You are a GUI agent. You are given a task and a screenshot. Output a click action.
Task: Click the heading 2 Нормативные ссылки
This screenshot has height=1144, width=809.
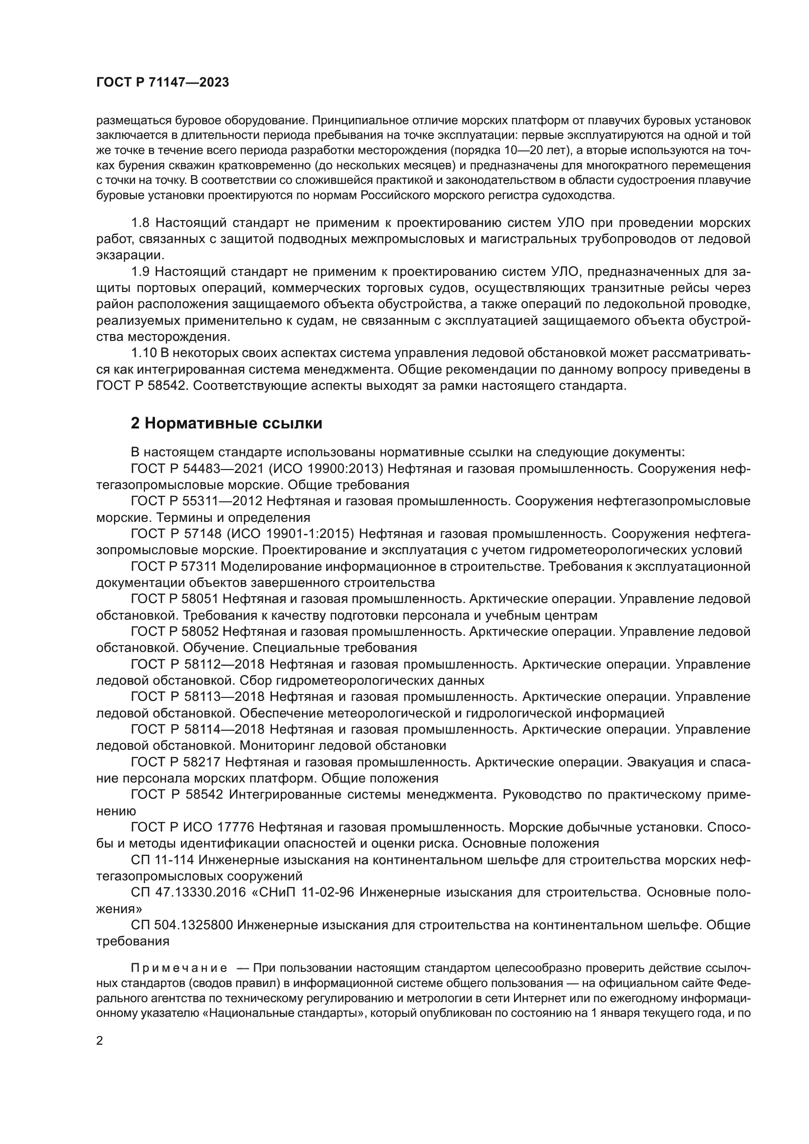click(x=226, y=423)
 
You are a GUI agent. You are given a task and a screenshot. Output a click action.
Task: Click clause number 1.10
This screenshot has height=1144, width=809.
click(x=144, y=353)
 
